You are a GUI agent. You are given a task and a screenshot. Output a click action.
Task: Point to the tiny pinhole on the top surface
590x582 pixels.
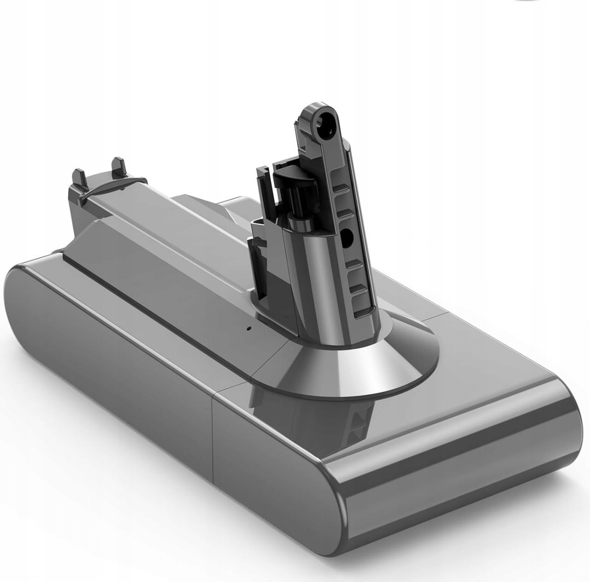248,329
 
